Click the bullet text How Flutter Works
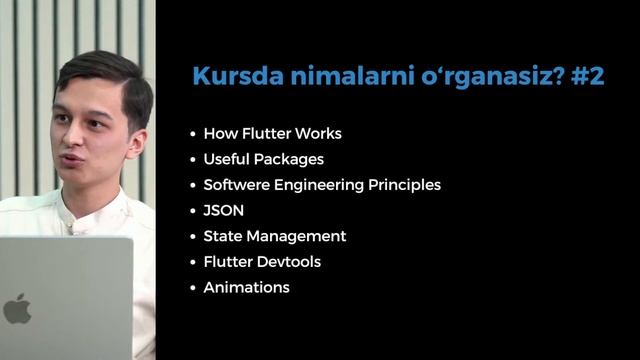pyautogui.click(x=272, y=133)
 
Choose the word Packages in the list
pyautogui.click(x=292, y=159)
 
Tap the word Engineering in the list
pyautogui.click(x=322, y=185)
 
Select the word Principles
pyautogui.click(x=407, y=185)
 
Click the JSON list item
pyautogui.click(x=223, y=211)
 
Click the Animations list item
pyautogui.click(x=246, y=288)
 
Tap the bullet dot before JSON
pyautogui.click(x=193, y=212)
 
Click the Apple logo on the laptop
pyautogui.click(x=16, y=309)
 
